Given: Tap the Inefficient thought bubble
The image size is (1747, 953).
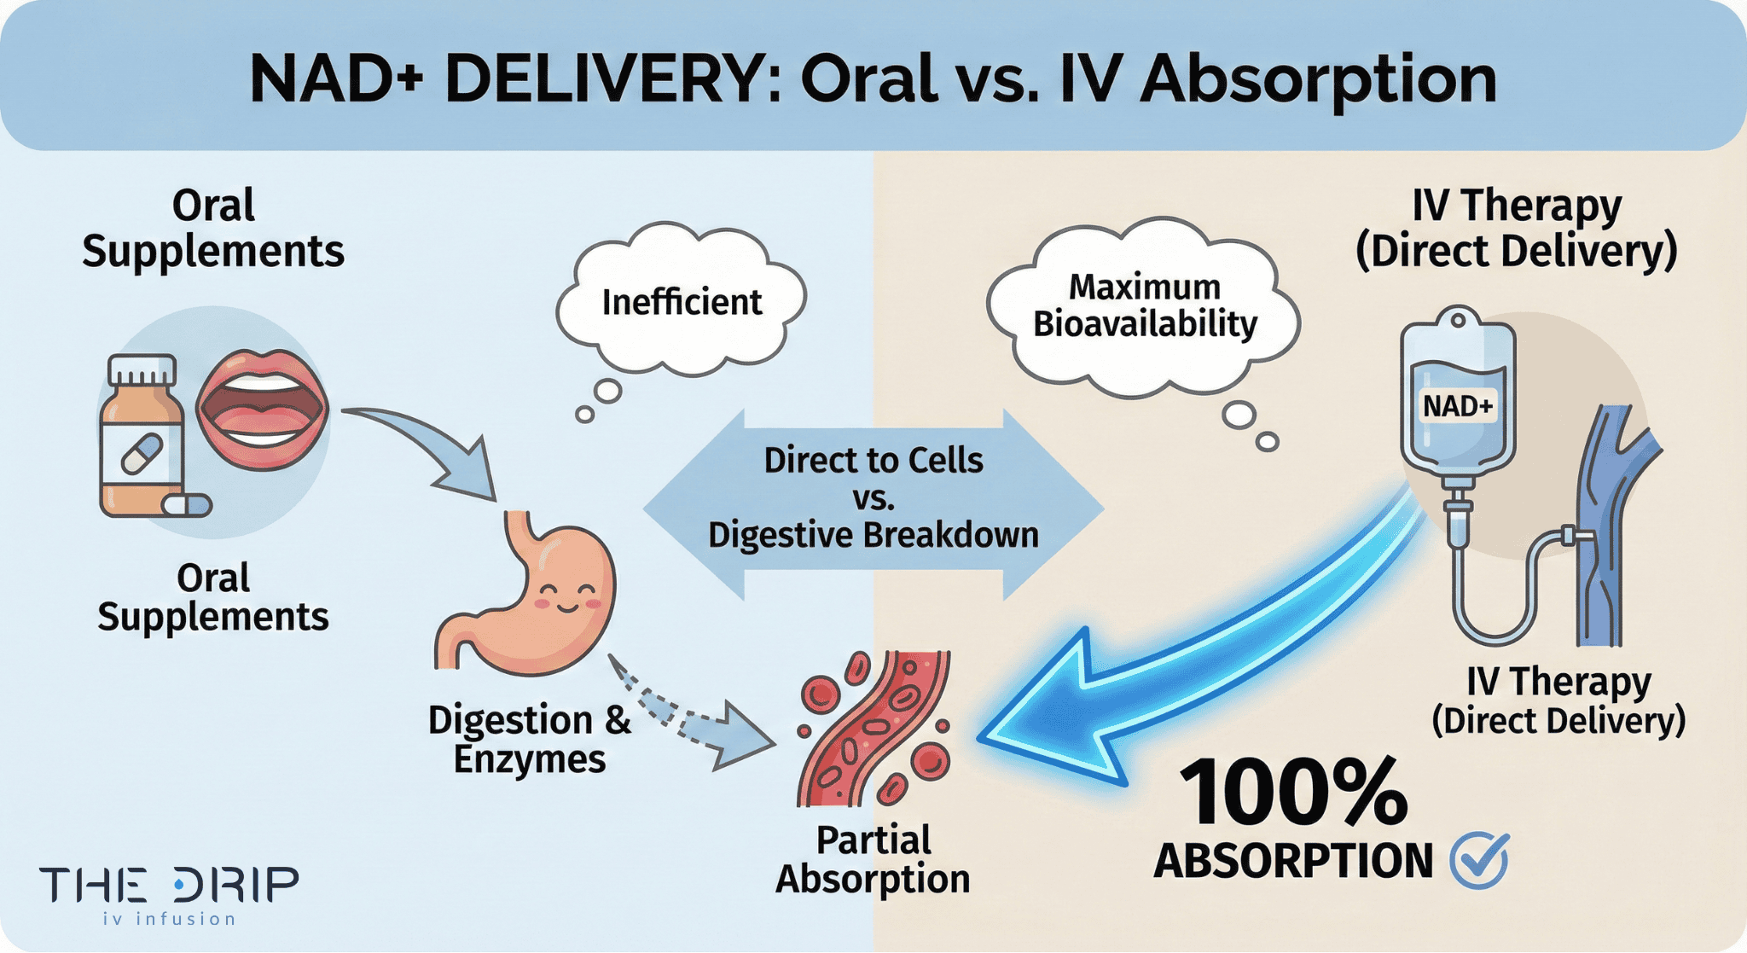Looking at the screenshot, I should [681, 303].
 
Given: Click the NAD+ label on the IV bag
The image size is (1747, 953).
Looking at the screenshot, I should [1458, 406].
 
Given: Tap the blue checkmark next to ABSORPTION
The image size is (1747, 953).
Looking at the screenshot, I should [1480, 859].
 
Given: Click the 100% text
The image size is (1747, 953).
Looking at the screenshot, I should [1292, 793].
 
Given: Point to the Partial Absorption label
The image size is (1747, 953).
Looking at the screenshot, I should [872, 860].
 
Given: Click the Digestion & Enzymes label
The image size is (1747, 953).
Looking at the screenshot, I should [529, 739].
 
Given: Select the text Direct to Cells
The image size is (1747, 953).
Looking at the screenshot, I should [873, 461].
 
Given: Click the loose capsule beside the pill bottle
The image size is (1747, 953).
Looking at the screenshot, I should [187, 505].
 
